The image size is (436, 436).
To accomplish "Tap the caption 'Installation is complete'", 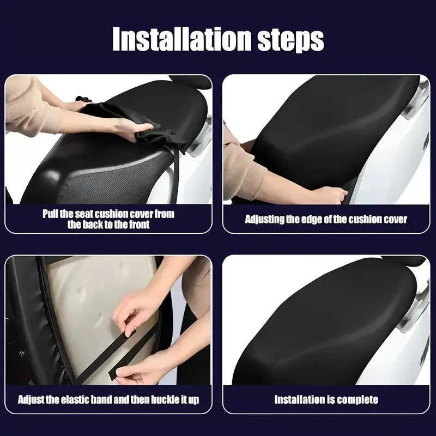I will (x=326, y=400).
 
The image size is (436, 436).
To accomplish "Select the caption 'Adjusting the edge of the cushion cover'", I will (x=326, y=219).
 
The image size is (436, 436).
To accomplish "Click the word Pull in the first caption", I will (x=51, y=214).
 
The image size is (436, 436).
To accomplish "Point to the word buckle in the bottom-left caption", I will (x=161, y=400).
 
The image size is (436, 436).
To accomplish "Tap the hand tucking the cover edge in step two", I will (x=330, y=193).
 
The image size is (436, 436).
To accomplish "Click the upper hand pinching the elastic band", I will (x=136, y=311).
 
